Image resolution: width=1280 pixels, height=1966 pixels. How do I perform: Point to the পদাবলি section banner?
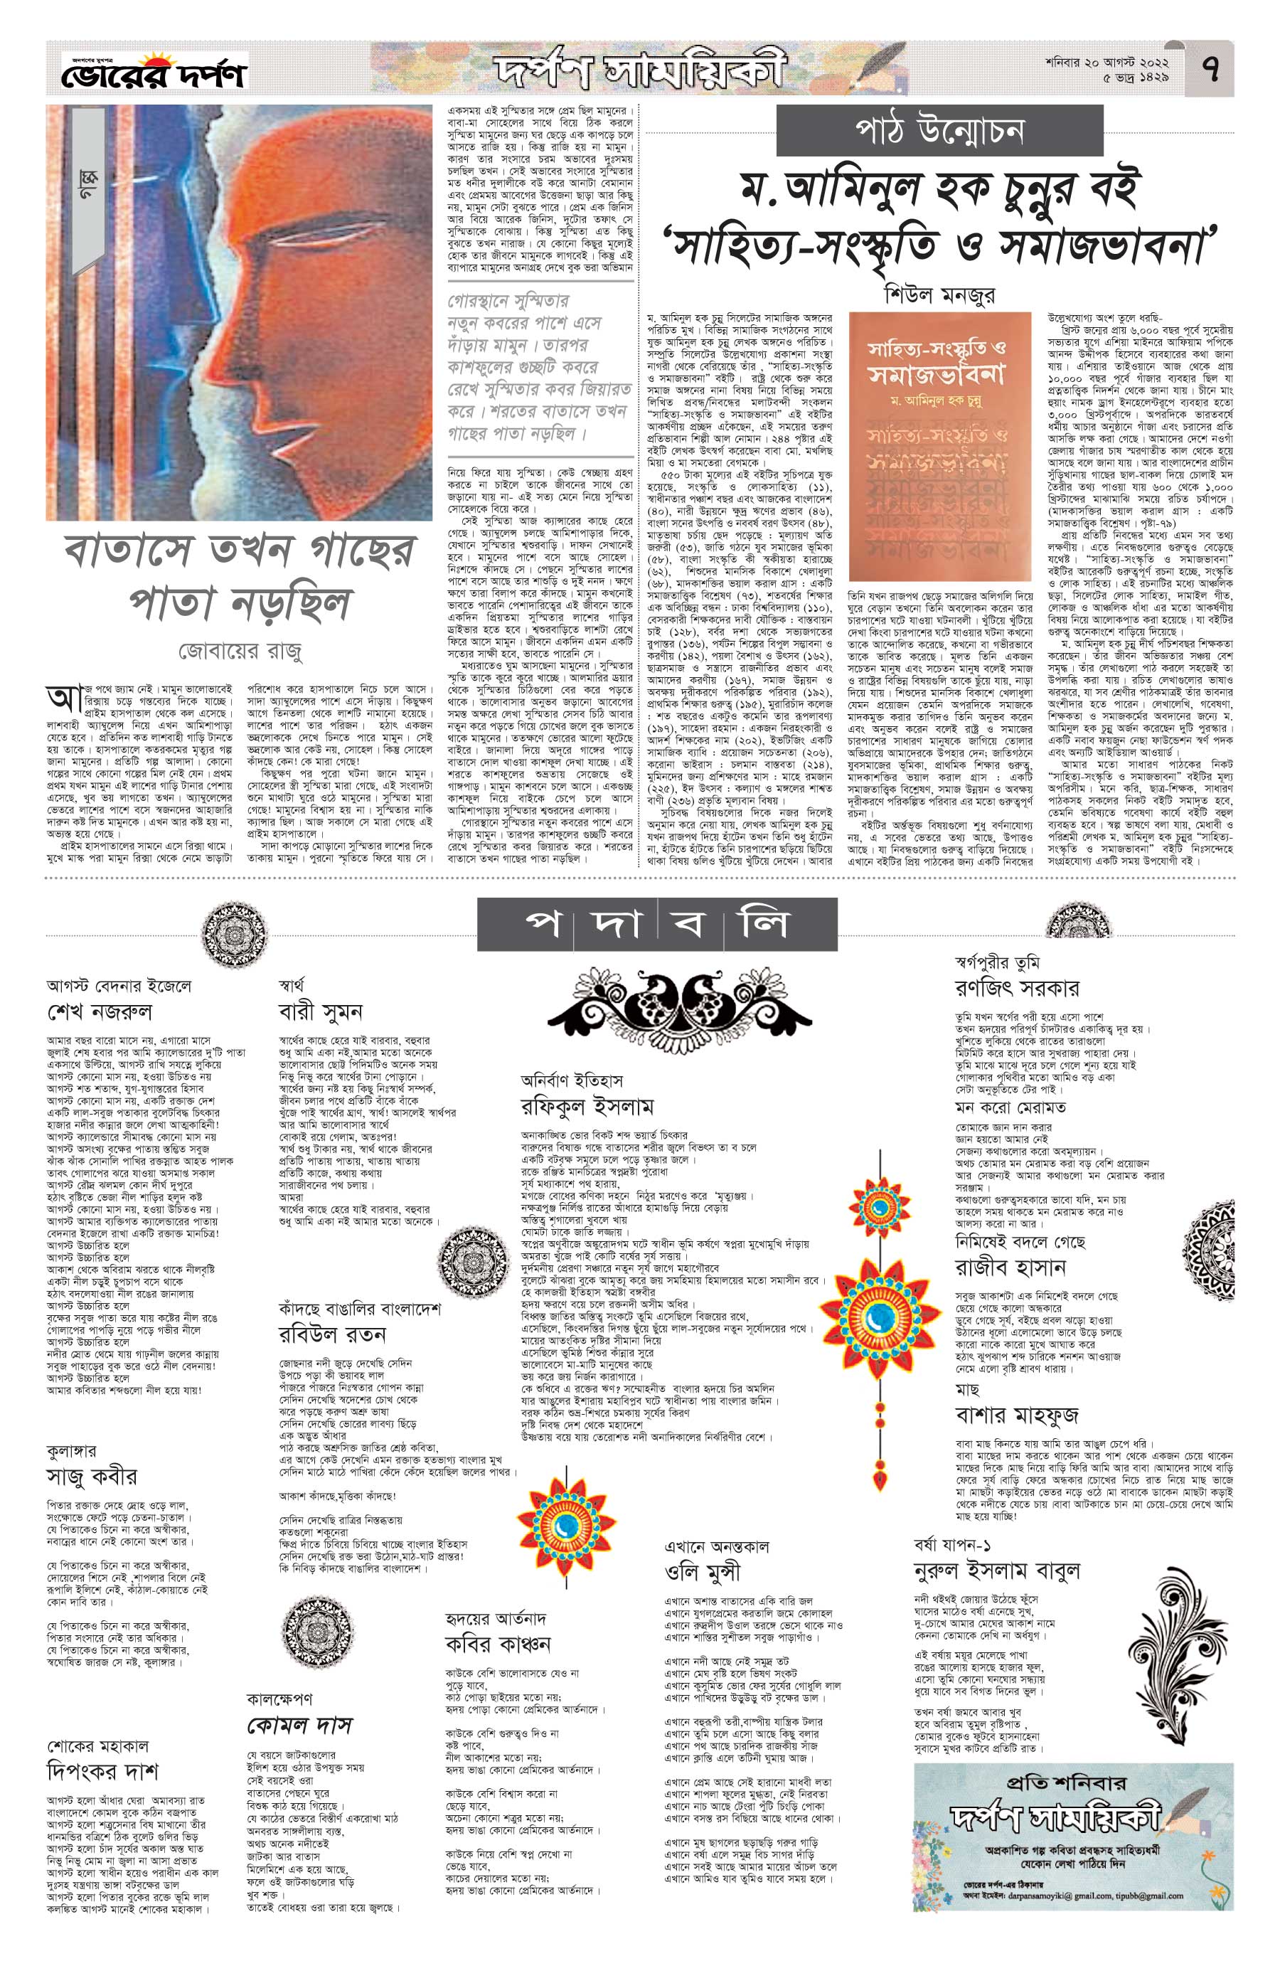click(x=657, y=925)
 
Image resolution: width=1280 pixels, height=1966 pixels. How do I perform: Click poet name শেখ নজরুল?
click(x=100, y=1012)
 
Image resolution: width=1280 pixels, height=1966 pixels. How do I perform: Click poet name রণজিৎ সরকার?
click(x=1018, y=988)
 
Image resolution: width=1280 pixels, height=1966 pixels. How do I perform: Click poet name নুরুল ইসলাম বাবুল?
click(x=997, y=1571)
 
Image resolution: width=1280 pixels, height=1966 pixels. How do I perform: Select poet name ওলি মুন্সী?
click(x=703, y=1571)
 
